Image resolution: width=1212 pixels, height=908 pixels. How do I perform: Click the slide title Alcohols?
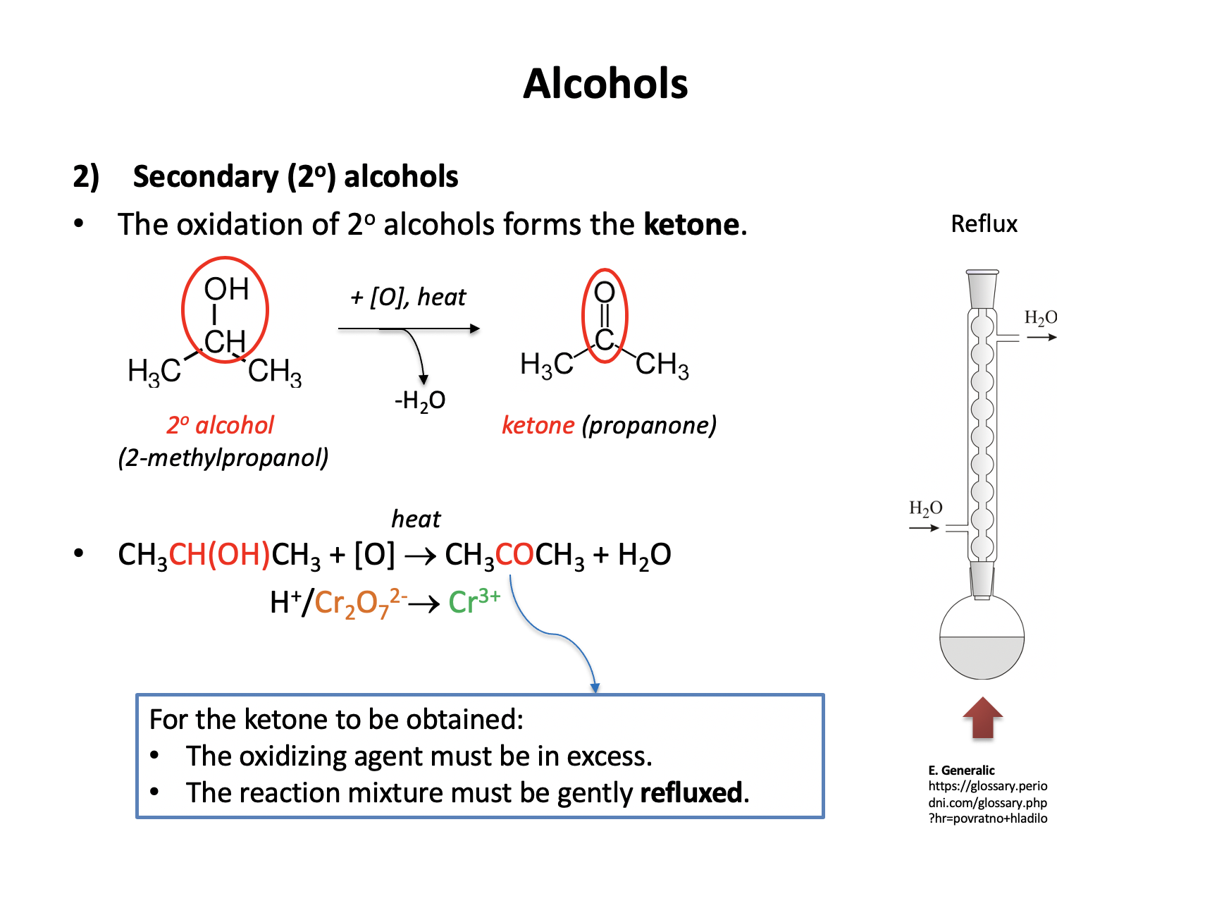coord(605,84)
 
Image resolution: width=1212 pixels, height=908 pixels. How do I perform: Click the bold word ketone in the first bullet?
coord(691,225)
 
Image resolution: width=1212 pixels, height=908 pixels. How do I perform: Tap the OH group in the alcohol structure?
coord(226,289)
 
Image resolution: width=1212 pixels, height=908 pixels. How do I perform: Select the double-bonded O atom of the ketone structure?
coord(605,291)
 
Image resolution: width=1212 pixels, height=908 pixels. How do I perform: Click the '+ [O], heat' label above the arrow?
coord(408,297)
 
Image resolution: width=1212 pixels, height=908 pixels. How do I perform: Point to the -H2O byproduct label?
coord(420,401)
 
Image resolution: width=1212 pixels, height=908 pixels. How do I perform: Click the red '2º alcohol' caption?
coord(220,425)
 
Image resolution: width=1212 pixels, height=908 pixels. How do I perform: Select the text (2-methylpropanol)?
coord(223,458)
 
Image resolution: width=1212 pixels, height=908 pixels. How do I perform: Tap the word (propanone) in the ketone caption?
coord(649,425)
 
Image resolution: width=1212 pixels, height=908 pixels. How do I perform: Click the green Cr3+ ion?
coord(474,601)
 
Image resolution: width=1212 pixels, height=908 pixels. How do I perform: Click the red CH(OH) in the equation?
coord(220,555)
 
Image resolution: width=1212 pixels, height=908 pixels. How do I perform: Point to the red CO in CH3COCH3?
coord(514,555)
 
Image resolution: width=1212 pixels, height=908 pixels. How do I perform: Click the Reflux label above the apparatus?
coord(984,224)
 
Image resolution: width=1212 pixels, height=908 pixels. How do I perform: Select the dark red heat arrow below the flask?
coord(982,718)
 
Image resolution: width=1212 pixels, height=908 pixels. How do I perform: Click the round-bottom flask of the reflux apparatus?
coord(982,638)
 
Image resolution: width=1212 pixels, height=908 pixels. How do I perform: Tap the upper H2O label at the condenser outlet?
coord(1040,318)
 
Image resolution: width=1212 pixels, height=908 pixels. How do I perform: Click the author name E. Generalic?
coord(961,770)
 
